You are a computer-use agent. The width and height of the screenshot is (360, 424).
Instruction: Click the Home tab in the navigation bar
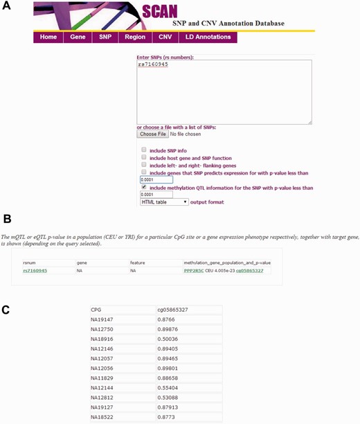48,37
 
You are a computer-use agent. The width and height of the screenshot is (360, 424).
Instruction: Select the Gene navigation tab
78,37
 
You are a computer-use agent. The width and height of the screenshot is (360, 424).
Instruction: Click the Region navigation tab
134,37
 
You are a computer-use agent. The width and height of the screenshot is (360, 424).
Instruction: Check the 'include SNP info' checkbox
144,150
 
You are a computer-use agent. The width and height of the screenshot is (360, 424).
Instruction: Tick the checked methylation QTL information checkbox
144,186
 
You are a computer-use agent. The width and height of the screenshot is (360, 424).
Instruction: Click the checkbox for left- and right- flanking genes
144,165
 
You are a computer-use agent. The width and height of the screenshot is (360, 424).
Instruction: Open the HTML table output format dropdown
164,202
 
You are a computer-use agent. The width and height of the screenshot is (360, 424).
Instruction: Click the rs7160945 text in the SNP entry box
154,64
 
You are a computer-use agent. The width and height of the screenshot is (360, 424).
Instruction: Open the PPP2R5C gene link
195,271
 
